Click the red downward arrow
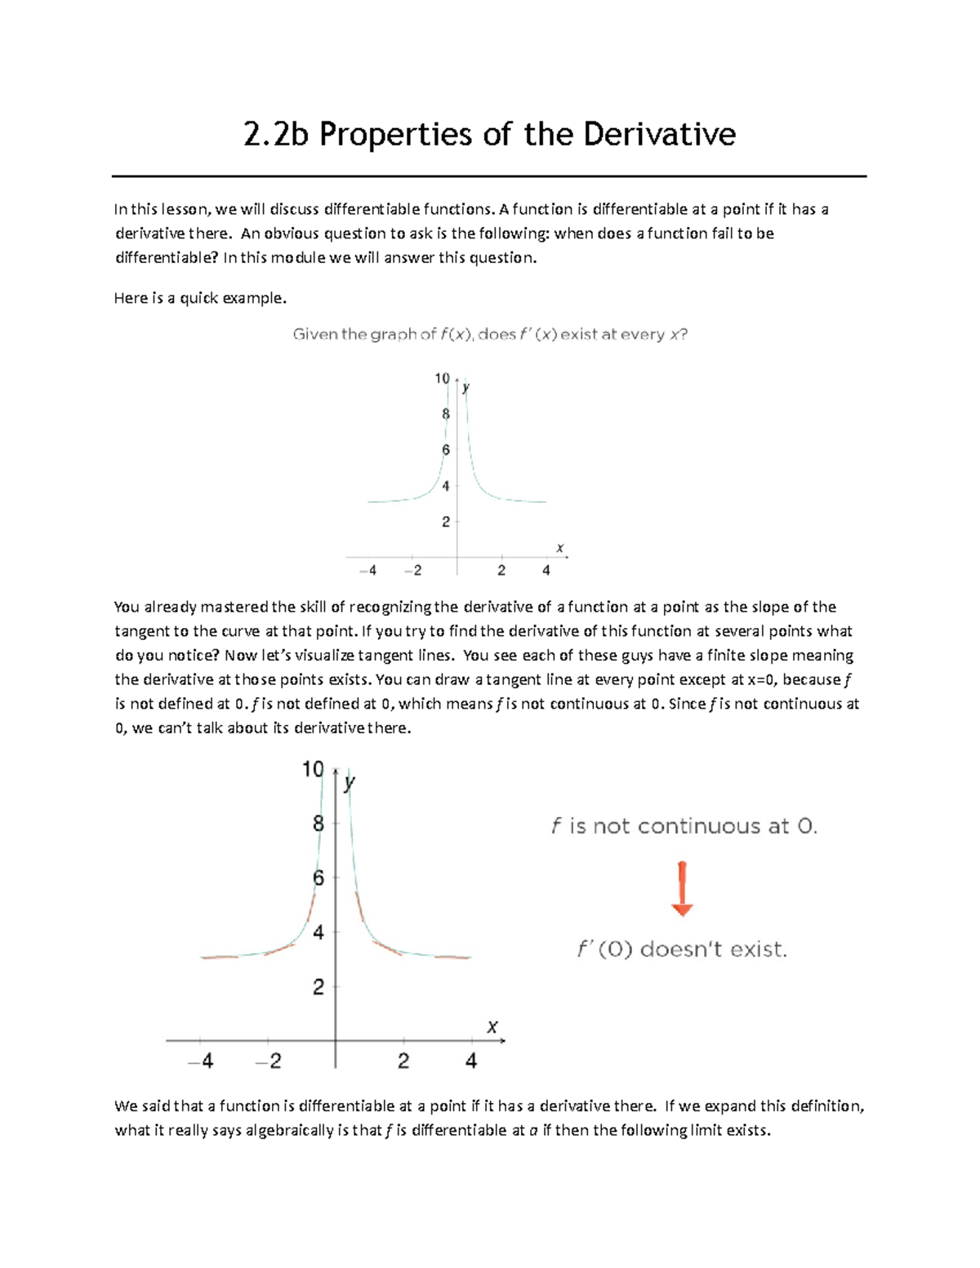coord(682,888)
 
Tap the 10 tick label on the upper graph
coord(442,378)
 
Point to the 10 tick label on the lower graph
coord(313,769)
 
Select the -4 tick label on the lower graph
coord(201,1061)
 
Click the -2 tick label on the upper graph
coord(413,571)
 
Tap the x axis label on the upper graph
coord(559,548)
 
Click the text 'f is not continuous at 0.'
coord(684,826)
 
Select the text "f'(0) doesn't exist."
coord(682,950)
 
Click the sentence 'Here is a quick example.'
coord(200,298)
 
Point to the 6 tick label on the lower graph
coord(318,878)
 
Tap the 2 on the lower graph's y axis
coord(318,987)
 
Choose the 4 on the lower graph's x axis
coord(471,1061)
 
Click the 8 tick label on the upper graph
coord(446,414)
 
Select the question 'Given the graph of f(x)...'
coord(490,334)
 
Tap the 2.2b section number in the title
coord(276,134)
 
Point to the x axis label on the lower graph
coord(492,1026)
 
